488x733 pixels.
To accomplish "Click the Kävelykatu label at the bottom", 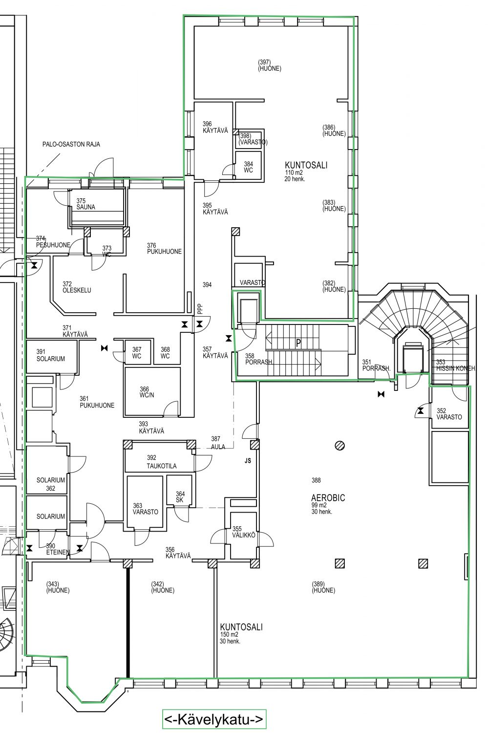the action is coord(214,720).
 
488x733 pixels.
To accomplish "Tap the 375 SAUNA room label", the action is coord(85,204).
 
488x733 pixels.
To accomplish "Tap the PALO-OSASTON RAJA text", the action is coord(71,144).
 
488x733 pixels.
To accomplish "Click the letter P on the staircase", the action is coord(298,343).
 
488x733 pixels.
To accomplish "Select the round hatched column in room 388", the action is coord(340,445).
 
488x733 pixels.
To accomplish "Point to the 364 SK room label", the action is coord(180,497).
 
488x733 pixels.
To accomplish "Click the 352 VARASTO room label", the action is coord(449,413).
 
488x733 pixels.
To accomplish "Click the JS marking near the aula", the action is coord(248,461).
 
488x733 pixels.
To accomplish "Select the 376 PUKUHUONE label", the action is coord(164,248).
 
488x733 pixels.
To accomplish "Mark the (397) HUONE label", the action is coord(270,65).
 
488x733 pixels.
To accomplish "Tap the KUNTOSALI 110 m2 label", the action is coord(306,171).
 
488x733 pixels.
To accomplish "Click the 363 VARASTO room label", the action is coord(145,509).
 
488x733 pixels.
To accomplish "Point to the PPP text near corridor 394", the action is coord(200,309).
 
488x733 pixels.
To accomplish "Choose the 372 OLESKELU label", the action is coord(77,287).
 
